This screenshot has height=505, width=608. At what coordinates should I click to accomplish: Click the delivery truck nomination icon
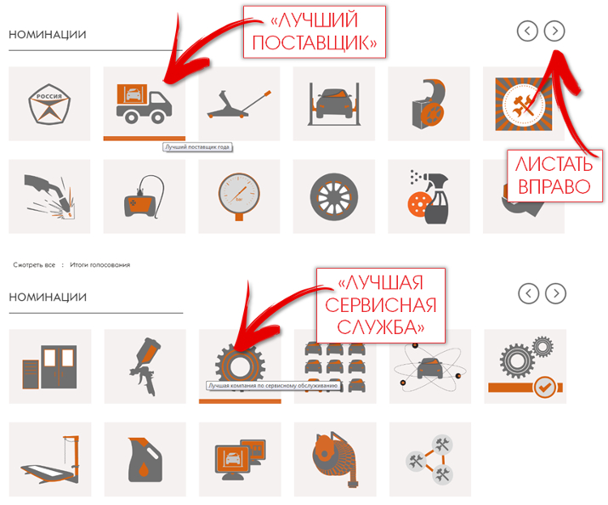[x=144, y=104]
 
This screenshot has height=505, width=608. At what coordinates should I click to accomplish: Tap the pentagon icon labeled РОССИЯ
[x=49, y=104]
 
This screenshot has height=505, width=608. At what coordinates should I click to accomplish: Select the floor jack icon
[x=239, y=104]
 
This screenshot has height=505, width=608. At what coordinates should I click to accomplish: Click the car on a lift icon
[x=334, y=104]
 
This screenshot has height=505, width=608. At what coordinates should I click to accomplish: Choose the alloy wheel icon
[x=334, y=197]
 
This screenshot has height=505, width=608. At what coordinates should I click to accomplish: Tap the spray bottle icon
[x=429, y=197]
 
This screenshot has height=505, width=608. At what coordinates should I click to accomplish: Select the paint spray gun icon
[x=145, y=366]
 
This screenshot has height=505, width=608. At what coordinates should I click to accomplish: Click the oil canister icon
[x=145, y=460]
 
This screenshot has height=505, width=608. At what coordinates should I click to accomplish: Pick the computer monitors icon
[x=240, y=460]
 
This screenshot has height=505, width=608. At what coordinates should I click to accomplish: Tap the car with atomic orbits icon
[x=430, y=366]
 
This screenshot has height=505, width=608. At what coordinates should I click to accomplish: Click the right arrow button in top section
[x=554, y=31]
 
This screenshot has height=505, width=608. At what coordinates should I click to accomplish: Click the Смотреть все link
[x=34, y=265]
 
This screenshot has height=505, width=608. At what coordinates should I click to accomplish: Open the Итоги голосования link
[x=100, y=265]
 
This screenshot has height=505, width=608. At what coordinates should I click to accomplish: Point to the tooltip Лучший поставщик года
[x=197, y=147]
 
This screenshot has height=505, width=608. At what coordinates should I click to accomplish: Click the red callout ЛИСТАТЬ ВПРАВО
[x=554, y=176]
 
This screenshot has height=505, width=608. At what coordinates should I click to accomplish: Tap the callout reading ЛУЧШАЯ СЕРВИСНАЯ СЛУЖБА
[x=381, y=305]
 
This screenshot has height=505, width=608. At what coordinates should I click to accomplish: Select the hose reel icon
[x=335, y=460]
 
